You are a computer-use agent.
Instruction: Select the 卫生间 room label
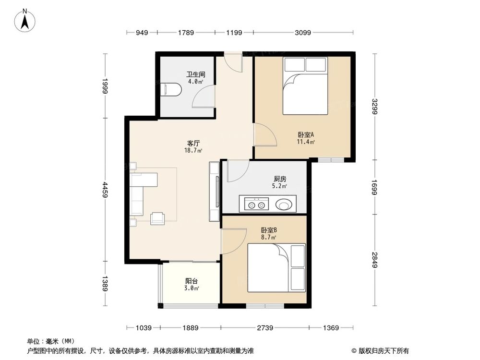pyautogui.click(x=196, y=74)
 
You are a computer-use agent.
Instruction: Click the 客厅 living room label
pyautogui.click(x=193, y=143)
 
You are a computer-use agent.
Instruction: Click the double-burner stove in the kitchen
pyautogui.click(x=255, y=205)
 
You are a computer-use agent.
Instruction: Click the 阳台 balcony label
pyautogui.click(x=192, y=281)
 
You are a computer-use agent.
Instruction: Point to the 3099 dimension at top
pyautogui.click(x=303, y=33)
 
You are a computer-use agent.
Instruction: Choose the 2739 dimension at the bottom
pyautogui.click(x=265, y=328)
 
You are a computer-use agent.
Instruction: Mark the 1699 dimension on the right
pyautogui.click(x=374, y=188)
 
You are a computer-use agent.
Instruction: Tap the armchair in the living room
pyautogui.click(x=158, y=218)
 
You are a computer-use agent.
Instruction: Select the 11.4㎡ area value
pyautogui.click(x=306, y=142)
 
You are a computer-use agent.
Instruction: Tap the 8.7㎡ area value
pyautogui.click(x=268, y=237)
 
